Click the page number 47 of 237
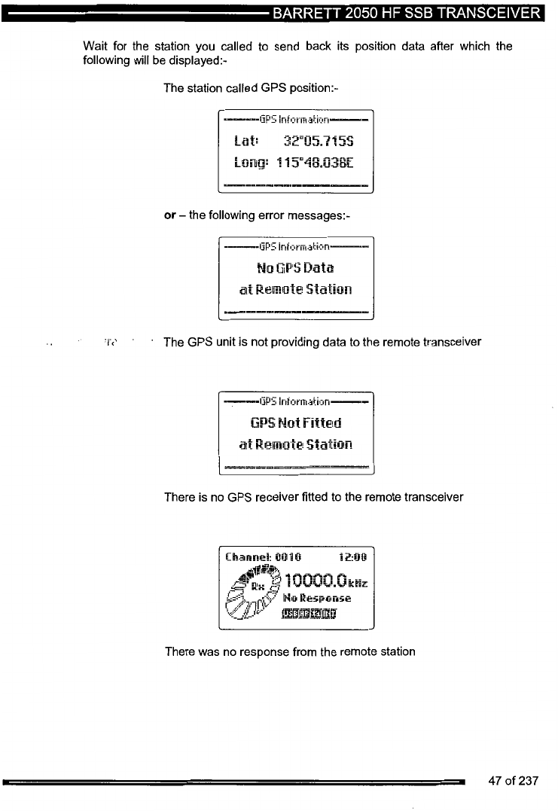(x=513, y=781)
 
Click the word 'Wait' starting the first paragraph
(x=95, y=46)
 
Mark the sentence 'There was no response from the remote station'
(x=289, y=651)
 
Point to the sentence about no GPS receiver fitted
(x=313, y=497)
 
